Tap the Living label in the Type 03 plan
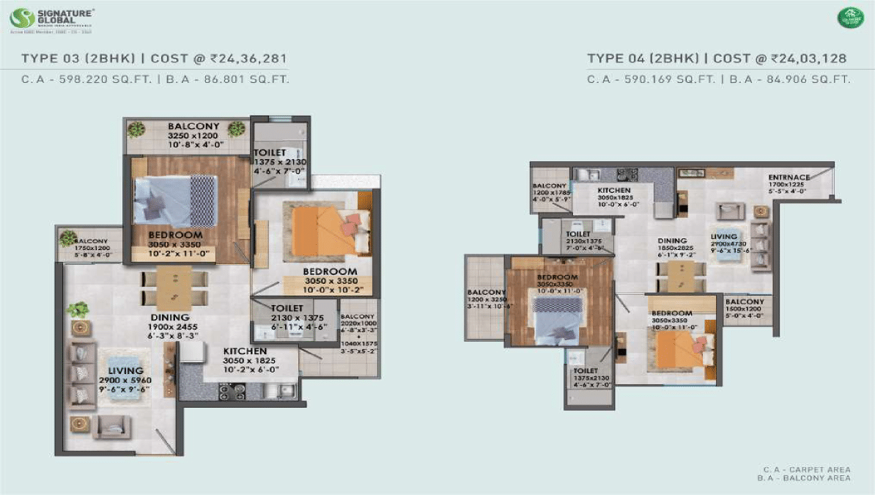126,371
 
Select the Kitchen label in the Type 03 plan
245,351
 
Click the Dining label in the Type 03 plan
170,318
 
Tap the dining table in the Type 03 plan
174,287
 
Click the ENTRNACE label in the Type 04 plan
789,177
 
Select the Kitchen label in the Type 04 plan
613,190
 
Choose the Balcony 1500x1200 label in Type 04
744,301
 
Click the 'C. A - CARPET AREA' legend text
806,469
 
